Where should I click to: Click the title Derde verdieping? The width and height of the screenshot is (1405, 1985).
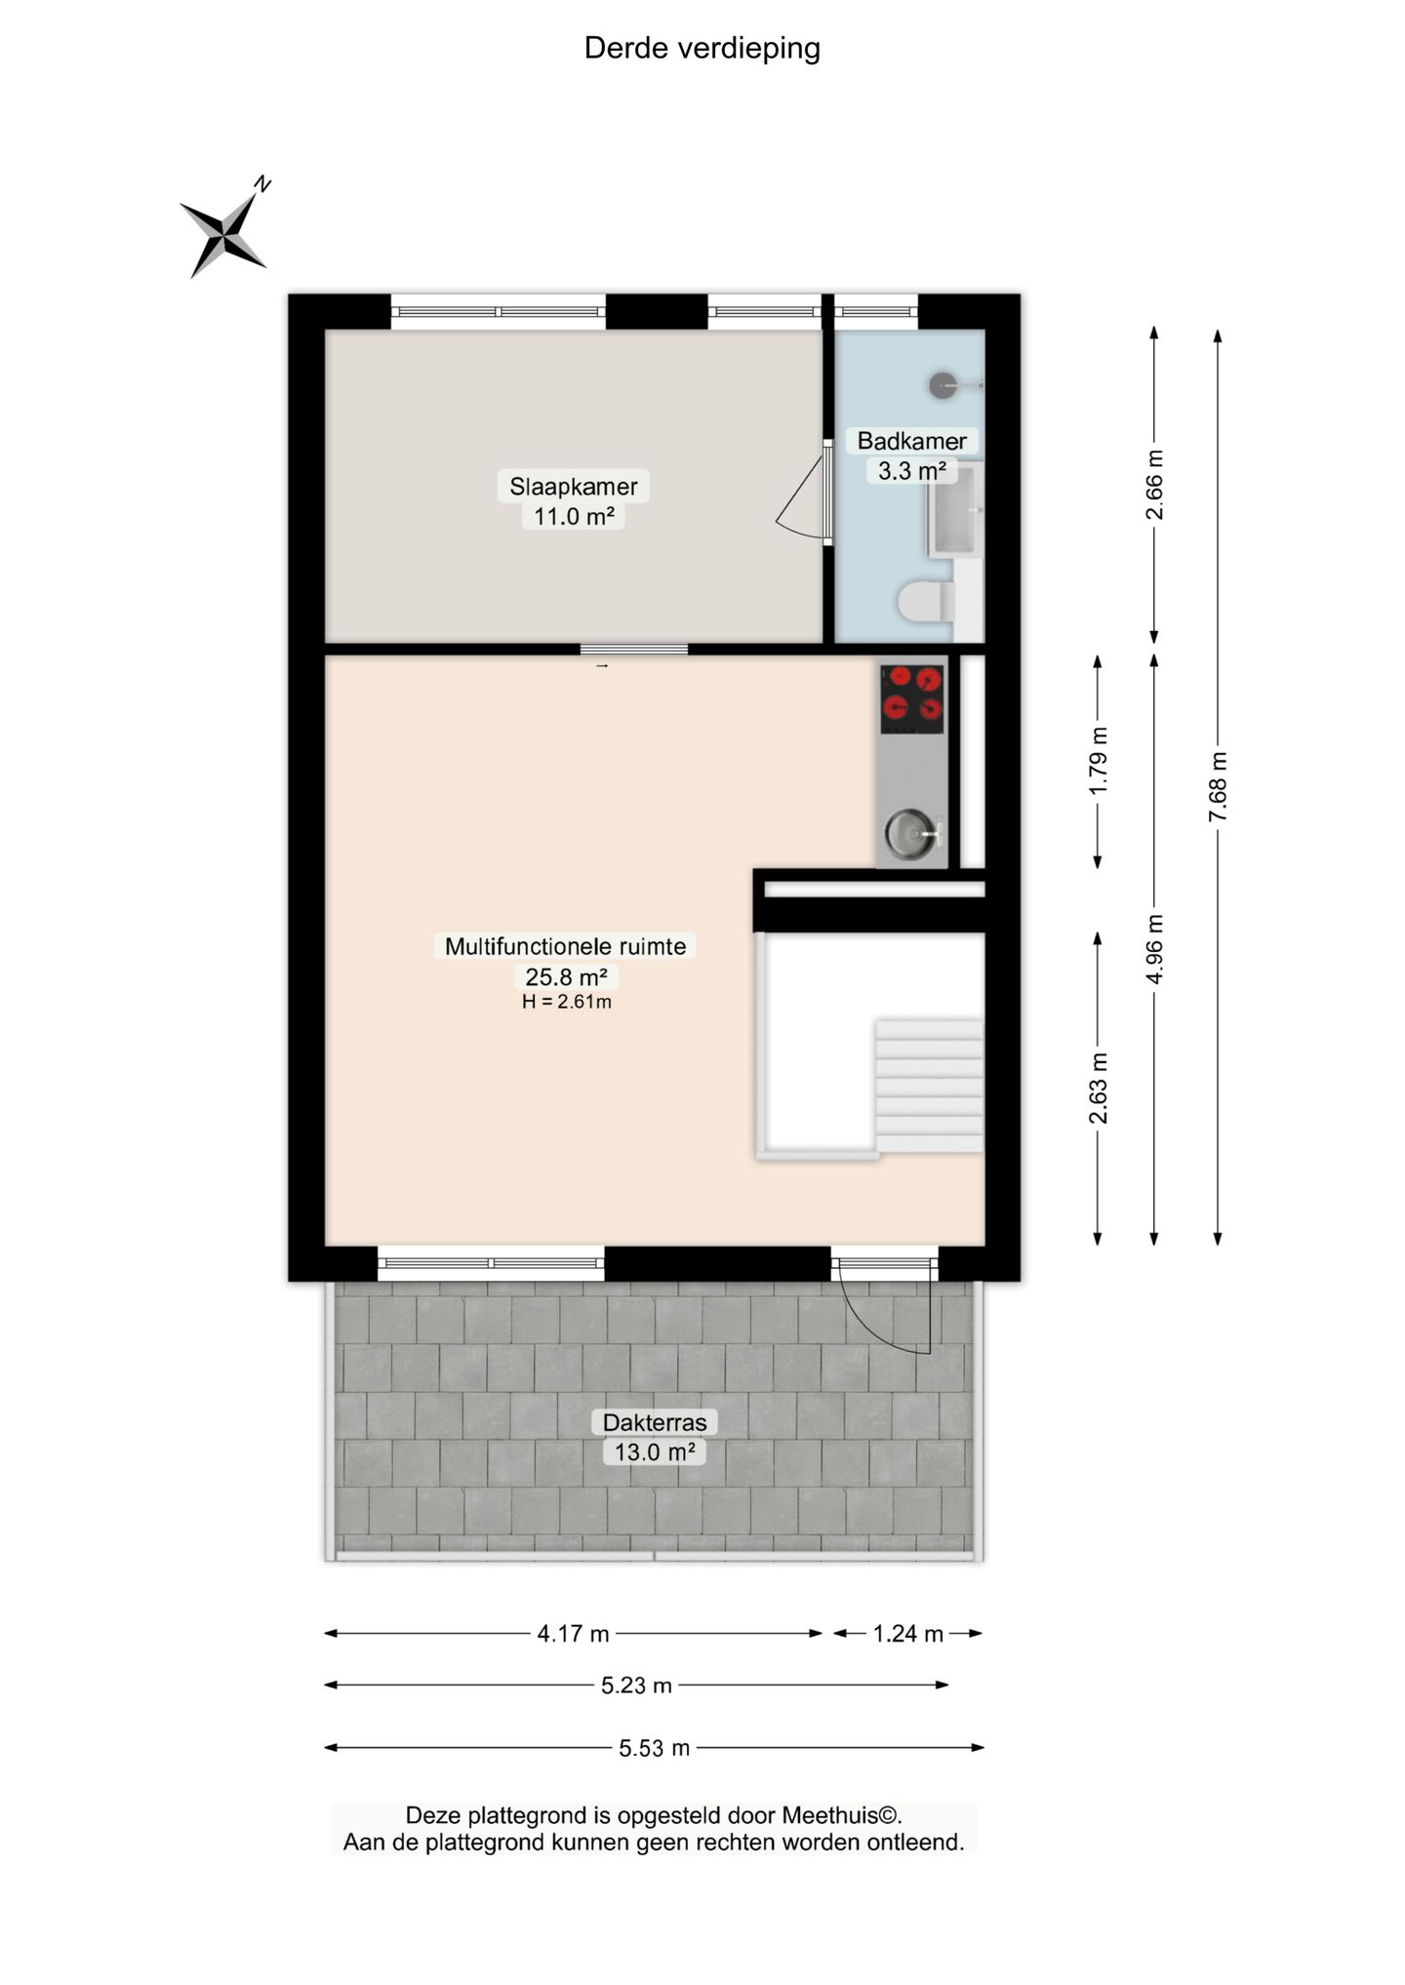[702, 48]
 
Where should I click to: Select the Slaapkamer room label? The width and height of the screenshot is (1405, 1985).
[574, 486]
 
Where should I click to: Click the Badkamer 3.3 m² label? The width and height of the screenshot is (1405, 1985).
[911, 456]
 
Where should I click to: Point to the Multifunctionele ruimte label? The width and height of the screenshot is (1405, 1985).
[566, 945]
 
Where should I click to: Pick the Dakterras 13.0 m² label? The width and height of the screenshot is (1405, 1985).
[655, 1437]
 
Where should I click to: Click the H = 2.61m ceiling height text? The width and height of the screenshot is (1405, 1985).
[566, 1002]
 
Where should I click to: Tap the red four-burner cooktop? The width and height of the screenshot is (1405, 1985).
[912, 699]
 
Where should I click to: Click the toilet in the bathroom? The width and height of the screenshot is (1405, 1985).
[926, 602]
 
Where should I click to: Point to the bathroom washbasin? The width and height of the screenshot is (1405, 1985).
[954, 509]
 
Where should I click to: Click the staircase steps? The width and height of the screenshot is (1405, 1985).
[929, 1086]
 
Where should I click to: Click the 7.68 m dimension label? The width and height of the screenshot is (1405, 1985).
[1218, 786]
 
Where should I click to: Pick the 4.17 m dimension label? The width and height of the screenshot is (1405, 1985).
[574, 1633]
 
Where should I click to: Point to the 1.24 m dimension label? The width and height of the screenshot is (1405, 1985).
[908, 1633]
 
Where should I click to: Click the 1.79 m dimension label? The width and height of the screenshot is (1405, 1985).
[1099, 761]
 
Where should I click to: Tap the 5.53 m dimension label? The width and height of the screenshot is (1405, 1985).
[655, 1748]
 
